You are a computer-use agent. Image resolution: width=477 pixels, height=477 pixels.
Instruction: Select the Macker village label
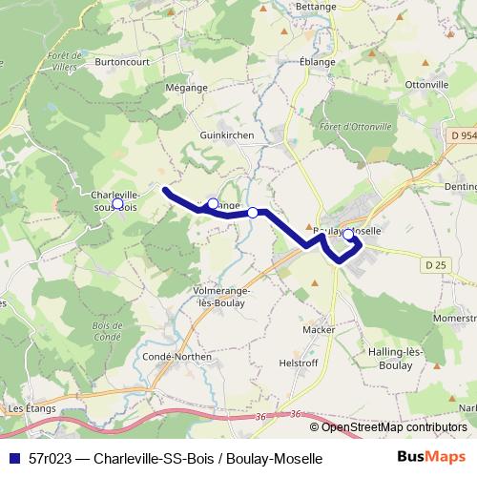pyautogui.click(x=317, y=329)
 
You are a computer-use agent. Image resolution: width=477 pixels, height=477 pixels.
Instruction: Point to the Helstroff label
pyautogui.click(x=297, y=363)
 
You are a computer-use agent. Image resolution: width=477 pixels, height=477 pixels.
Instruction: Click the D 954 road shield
pyautogui.click(x=461, y=136)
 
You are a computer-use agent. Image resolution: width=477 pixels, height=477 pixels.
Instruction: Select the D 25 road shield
pyautogui.click(x=436, y=264)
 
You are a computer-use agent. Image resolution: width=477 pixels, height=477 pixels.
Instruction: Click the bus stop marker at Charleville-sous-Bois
pyautogui.click(x=117, y=203)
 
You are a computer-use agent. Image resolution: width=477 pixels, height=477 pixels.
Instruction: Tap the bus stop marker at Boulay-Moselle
pyautogui.click(x=348, y=234)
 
